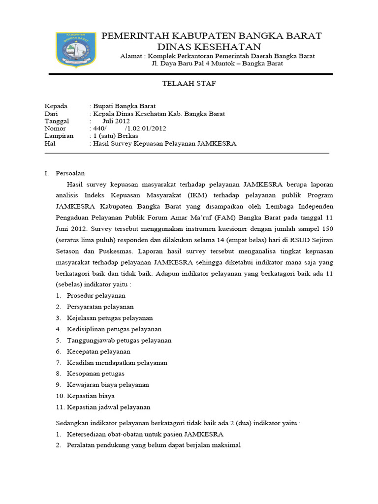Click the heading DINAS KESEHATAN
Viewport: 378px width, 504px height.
click(209, 47)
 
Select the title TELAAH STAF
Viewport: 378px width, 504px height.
click(189, 84)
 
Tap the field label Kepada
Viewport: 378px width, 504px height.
click(56, 106)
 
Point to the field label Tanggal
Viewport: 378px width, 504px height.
click(57, 121)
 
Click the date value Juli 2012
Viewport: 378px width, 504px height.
click(116, 121)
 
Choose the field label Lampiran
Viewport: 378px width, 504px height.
click(59, 136)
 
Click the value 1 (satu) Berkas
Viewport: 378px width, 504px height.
click(114, 136)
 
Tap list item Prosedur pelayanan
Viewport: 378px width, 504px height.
click(96, 295)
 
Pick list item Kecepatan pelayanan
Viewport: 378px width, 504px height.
click(98, 351)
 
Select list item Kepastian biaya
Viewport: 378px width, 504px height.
click(90, 396)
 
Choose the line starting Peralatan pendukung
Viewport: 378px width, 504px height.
click(154, 445)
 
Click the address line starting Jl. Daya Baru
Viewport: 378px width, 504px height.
click(217, 64)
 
